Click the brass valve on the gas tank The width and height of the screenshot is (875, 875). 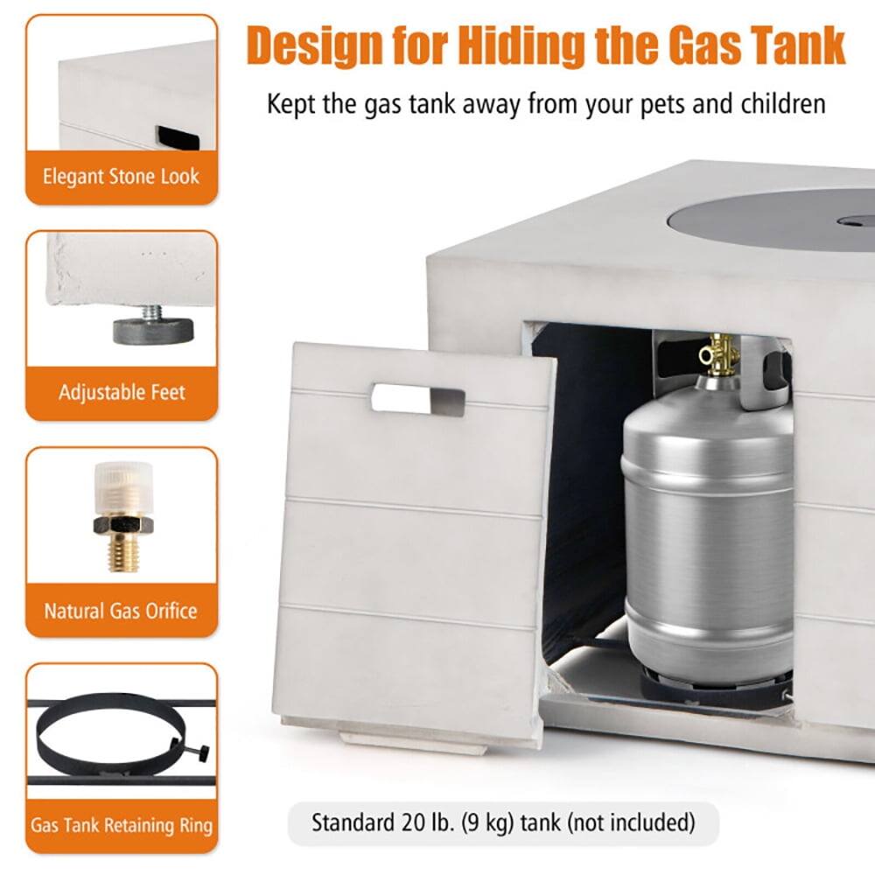tap(718, 353)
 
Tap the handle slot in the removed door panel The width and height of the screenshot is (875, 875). tap(417, 398)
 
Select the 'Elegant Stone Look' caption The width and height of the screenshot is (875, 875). tap(121, 176)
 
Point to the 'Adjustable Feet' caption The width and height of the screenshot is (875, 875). tap(122, 392)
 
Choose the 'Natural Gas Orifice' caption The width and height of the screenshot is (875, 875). tap(121, 610)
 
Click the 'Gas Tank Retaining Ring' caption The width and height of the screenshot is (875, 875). tap(121, 824)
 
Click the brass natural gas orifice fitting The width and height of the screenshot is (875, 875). tap(122, 516)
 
